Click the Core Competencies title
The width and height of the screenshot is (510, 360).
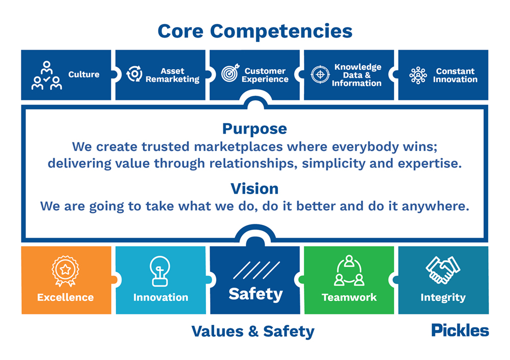pyautogui.click(x=255, y=31)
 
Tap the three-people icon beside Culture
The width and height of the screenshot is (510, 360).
pyautogui.click(x=46, y=75)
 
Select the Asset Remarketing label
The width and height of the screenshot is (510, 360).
pyautogui.click(x=172, y=75)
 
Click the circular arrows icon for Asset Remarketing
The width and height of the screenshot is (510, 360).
pyautogui.click(x=134, y=73)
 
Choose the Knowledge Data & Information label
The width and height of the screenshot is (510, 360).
pyautogui.click(x=357, y=75)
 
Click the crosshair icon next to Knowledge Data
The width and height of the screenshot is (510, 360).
pyautogui.click(x=320, y=74)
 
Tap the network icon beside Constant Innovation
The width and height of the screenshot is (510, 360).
pyautogui.click(x=418, y=75)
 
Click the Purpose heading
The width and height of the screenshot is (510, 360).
pyautogui.click(x=254, y=129)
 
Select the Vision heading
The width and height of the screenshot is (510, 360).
pyautogui.click(x=254, y=189)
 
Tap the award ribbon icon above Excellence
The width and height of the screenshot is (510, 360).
pyautogui.click(x=65, y=271)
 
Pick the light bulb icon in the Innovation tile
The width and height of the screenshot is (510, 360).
pyautogui.click(x=160, y=271)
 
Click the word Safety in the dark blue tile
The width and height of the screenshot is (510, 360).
pyautogui.click(x=256, y=294)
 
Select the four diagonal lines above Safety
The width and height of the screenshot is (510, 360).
pyautogui.click(x=257, y=270)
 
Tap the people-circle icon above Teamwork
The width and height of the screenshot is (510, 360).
pyautogui.click(x=349, y=271)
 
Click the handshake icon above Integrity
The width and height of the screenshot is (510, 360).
pyautogui.click(x=443, y=270)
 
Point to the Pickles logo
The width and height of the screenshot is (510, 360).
pyautogui.click(x=460, y=330)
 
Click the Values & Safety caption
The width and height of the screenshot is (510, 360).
pyautogui.click(x=253, y=332)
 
